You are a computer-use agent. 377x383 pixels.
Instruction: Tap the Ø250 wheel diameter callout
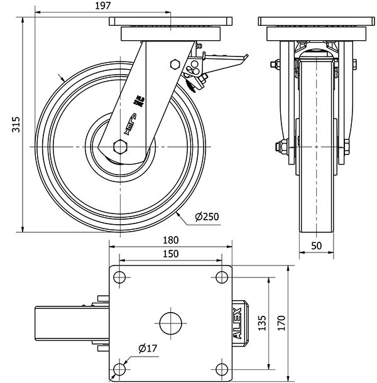click(x=207, y=217)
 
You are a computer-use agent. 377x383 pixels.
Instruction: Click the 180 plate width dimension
click(x=171, y=240)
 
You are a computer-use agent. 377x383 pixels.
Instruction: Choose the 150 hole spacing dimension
click(x=171, y=254)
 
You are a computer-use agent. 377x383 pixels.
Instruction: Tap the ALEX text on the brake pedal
click(x=238, y=323)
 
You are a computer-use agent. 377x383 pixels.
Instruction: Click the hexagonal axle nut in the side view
click(x=120, y=147)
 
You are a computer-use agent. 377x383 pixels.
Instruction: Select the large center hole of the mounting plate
click(x=170, y=323)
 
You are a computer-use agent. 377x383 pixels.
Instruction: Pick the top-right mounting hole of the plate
click(x=221, y=278)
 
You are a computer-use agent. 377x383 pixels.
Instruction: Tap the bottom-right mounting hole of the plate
click(x=221, y=368)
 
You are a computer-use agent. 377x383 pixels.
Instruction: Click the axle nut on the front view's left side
click(x=280, y=148)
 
